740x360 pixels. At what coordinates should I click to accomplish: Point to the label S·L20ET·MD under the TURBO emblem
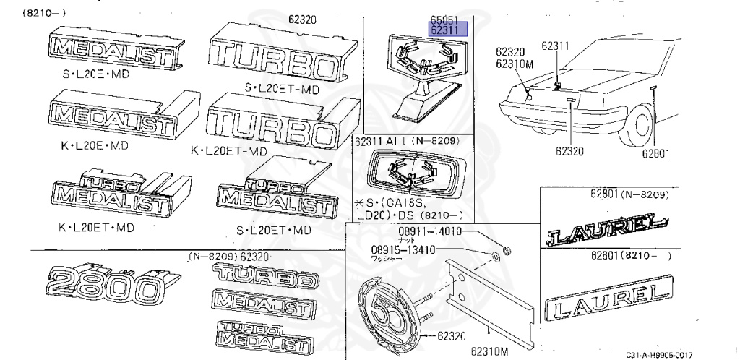[x=282, y=89]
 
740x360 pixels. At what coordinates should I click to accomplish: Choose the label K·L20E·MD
[x=94, y=145]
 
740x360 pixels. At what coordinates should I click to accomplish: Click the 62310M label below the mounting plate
[x=489, y=352]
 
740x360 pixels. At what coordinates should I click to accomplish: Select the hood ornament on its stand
[x=423, y=72]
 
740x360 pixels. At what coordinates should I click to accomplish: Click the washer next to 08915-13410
[x=497, y=256]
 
